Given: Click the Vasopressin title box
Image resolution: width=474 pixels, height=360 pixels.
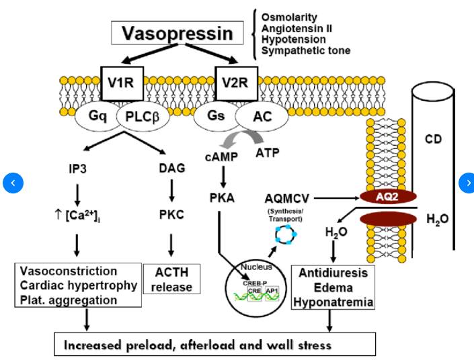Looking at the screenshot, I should [x=177, y=32].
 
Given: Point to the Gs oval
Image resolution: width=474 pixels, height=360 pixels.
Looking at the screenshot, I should [x=216, y=116].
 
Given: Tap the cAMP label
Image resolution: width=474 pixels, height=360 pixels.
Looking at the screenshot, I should [x=219, y=156].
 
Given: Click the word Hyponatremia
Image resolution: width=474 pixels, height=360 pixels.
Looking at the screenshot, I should [x=333, y=303].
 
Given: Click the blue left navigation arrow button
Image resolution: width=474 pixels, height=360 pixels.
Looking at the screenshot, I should [x=13, y=182].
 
